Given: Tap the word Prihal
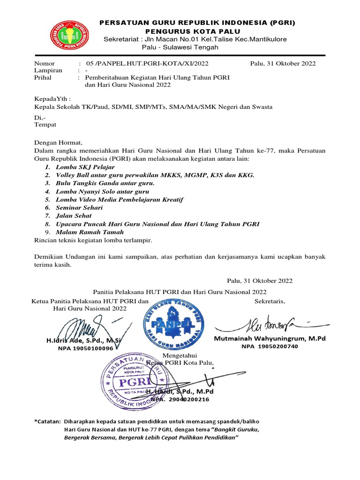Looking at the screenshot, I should (43, 77).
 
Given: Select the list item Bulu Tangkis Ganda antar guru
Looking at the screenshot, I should (105, 183).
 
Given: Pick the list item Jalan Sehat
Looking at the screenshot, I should (74, 216).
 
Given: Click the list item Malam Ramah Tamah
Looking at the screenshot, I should (90, 232).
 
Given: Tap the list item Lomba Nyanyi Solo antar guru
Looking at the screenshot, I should (102, 191).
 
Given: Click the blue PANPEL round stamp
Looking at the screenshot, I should (173, 323).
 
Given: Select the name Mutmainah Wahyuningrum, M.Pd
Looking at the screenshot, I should (270, 338).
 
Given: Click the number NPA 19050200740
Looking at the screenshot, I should (270, 346).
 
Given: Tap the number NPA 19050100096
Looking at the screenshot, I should (85, 348).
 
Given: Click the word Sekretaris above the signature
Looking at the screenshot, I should (270, 301).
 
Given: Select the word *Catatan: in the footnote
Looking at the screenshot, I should (48, 421).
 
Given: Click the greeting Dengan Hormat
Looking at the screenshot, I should (59, 142).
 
